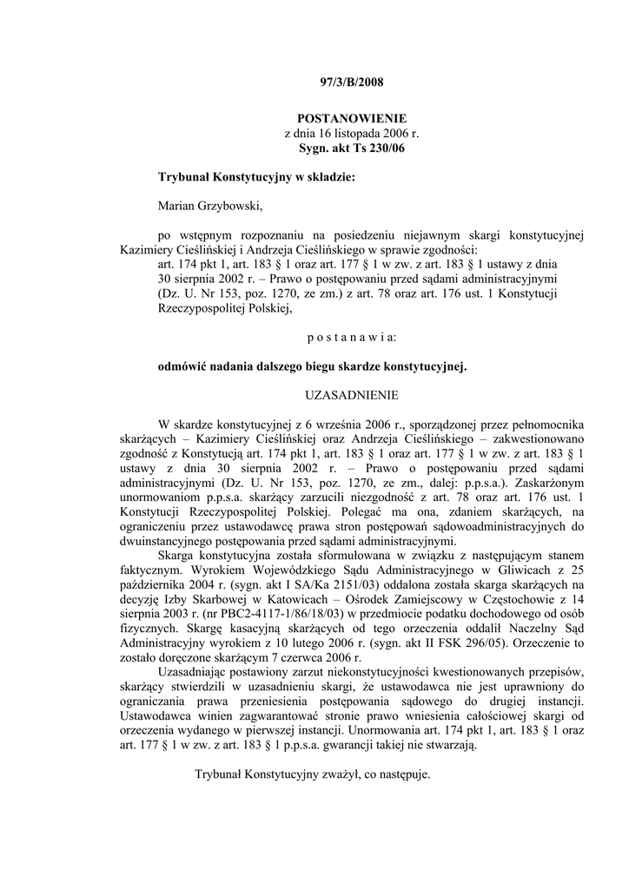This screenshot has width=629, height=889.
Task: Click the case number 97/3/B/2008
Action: coord(352,83)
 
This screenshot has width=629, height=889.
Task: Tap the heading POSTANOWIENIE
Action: coord(352,118)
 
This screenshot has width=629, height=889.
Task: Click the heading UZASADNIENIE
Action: coord(352,395)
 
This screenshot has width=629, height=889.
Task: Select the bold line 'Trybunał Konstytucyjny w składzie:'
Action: coord(256,177)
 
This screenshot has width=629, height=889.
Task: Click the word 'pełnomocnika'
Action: coord(544,425)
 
